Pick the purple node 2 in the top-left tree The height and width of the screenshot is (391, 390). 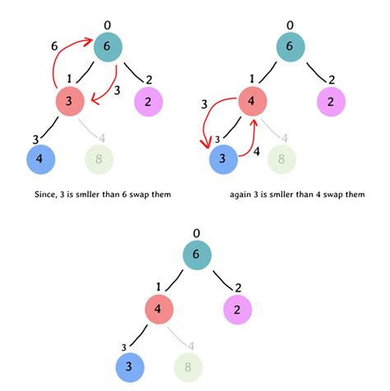(x=147, y=103)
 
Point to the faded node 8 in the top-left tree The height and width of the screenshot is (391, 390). (x=100, y=159)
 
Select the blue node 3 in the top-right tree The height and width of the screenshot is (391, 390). (x=222, y=159)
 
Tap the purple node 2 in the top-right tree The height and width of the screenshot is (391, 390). (x=331, y=103)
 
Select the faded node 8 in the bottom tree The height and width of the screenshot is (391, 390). (x=188, y=366)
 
